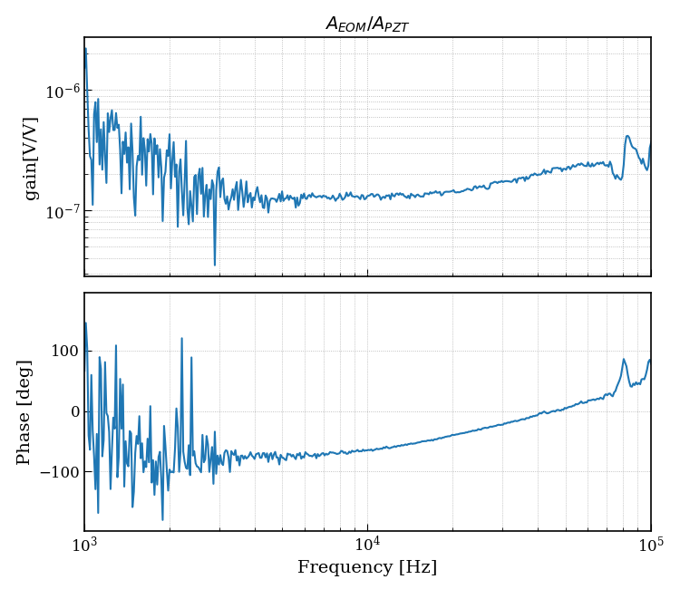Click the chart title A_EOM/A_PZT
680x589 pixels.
367,24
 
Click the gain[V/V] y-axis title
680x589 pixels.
32,158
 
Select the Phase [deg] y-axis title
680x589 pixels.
24,411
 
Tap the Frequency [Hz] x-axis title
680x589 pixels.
367,568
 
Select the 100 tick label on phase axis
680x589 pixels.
62,351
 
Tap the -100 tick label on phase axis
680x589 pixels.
57,472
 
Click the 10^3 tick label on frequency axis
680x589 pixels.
84,546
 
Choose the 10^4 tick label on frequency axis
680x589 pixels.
367,546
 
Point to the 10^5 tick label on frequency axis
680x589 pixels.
650,546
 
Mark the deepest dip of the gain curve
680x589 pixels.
215,265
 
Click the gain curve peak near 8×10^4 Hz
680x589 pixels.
627,137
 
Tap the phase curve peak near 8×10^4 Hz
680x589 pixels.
624,359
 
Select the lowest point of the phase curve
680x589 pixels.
163,520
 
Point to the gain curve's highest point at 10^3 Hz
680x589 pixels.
85,48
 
